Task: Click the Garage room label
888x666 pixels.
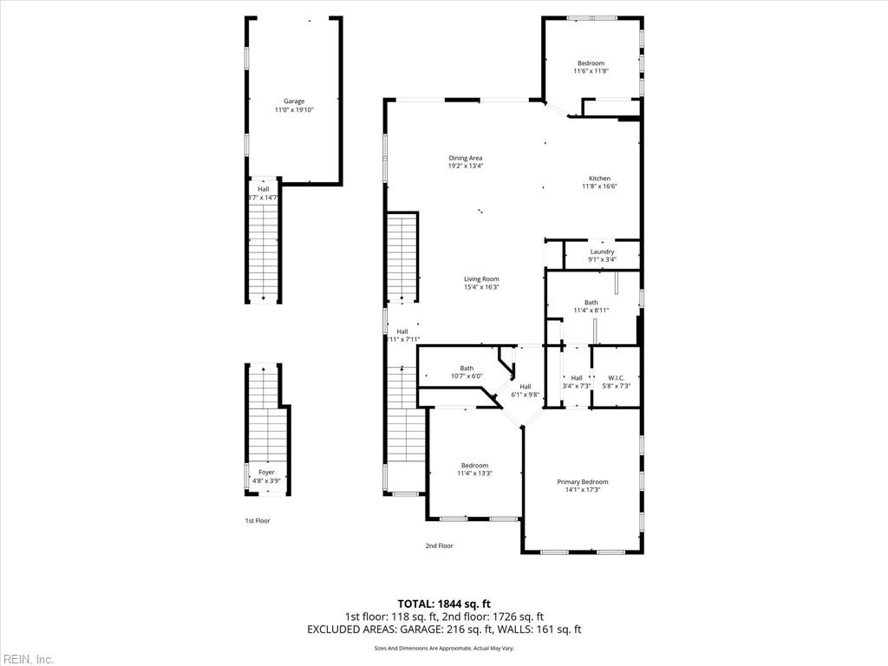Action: [294, 101]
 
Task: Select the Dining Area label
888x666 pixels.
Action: [465, 158]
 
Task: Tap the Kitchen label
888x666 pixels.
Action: [599, 179]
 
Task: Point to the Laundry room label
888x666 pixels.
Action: [602, 251]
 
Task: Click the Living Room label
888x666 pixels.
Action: [481, 279]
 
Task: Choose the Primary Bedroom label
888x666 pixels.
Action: [582, 482]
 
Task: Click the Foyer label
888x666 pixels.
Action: [266, 473]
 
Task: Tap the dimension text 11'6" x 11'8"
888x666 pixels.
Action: [591, 71]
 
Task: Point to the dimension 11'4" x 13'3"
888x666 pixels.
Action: [474, 473]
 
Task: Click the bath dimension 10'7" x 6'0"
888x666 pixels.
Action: [467, 376]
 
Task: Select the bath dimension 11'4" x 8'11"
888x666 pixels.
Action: [591, 310]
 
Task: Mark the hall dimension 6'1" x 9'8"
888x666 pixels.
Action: [525, 395]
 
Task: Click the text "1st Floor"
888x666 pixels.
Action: [257, 521]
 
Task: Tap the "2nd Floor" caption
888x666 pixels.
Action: [439, 546]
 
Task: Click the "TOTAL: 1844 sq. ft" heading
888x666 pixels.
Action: [444, 604]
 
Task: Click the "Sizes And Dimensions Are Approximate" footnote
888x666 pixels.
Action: [443, 649]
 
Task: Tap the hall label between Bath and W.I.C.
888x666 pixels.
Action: [577, 378]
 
